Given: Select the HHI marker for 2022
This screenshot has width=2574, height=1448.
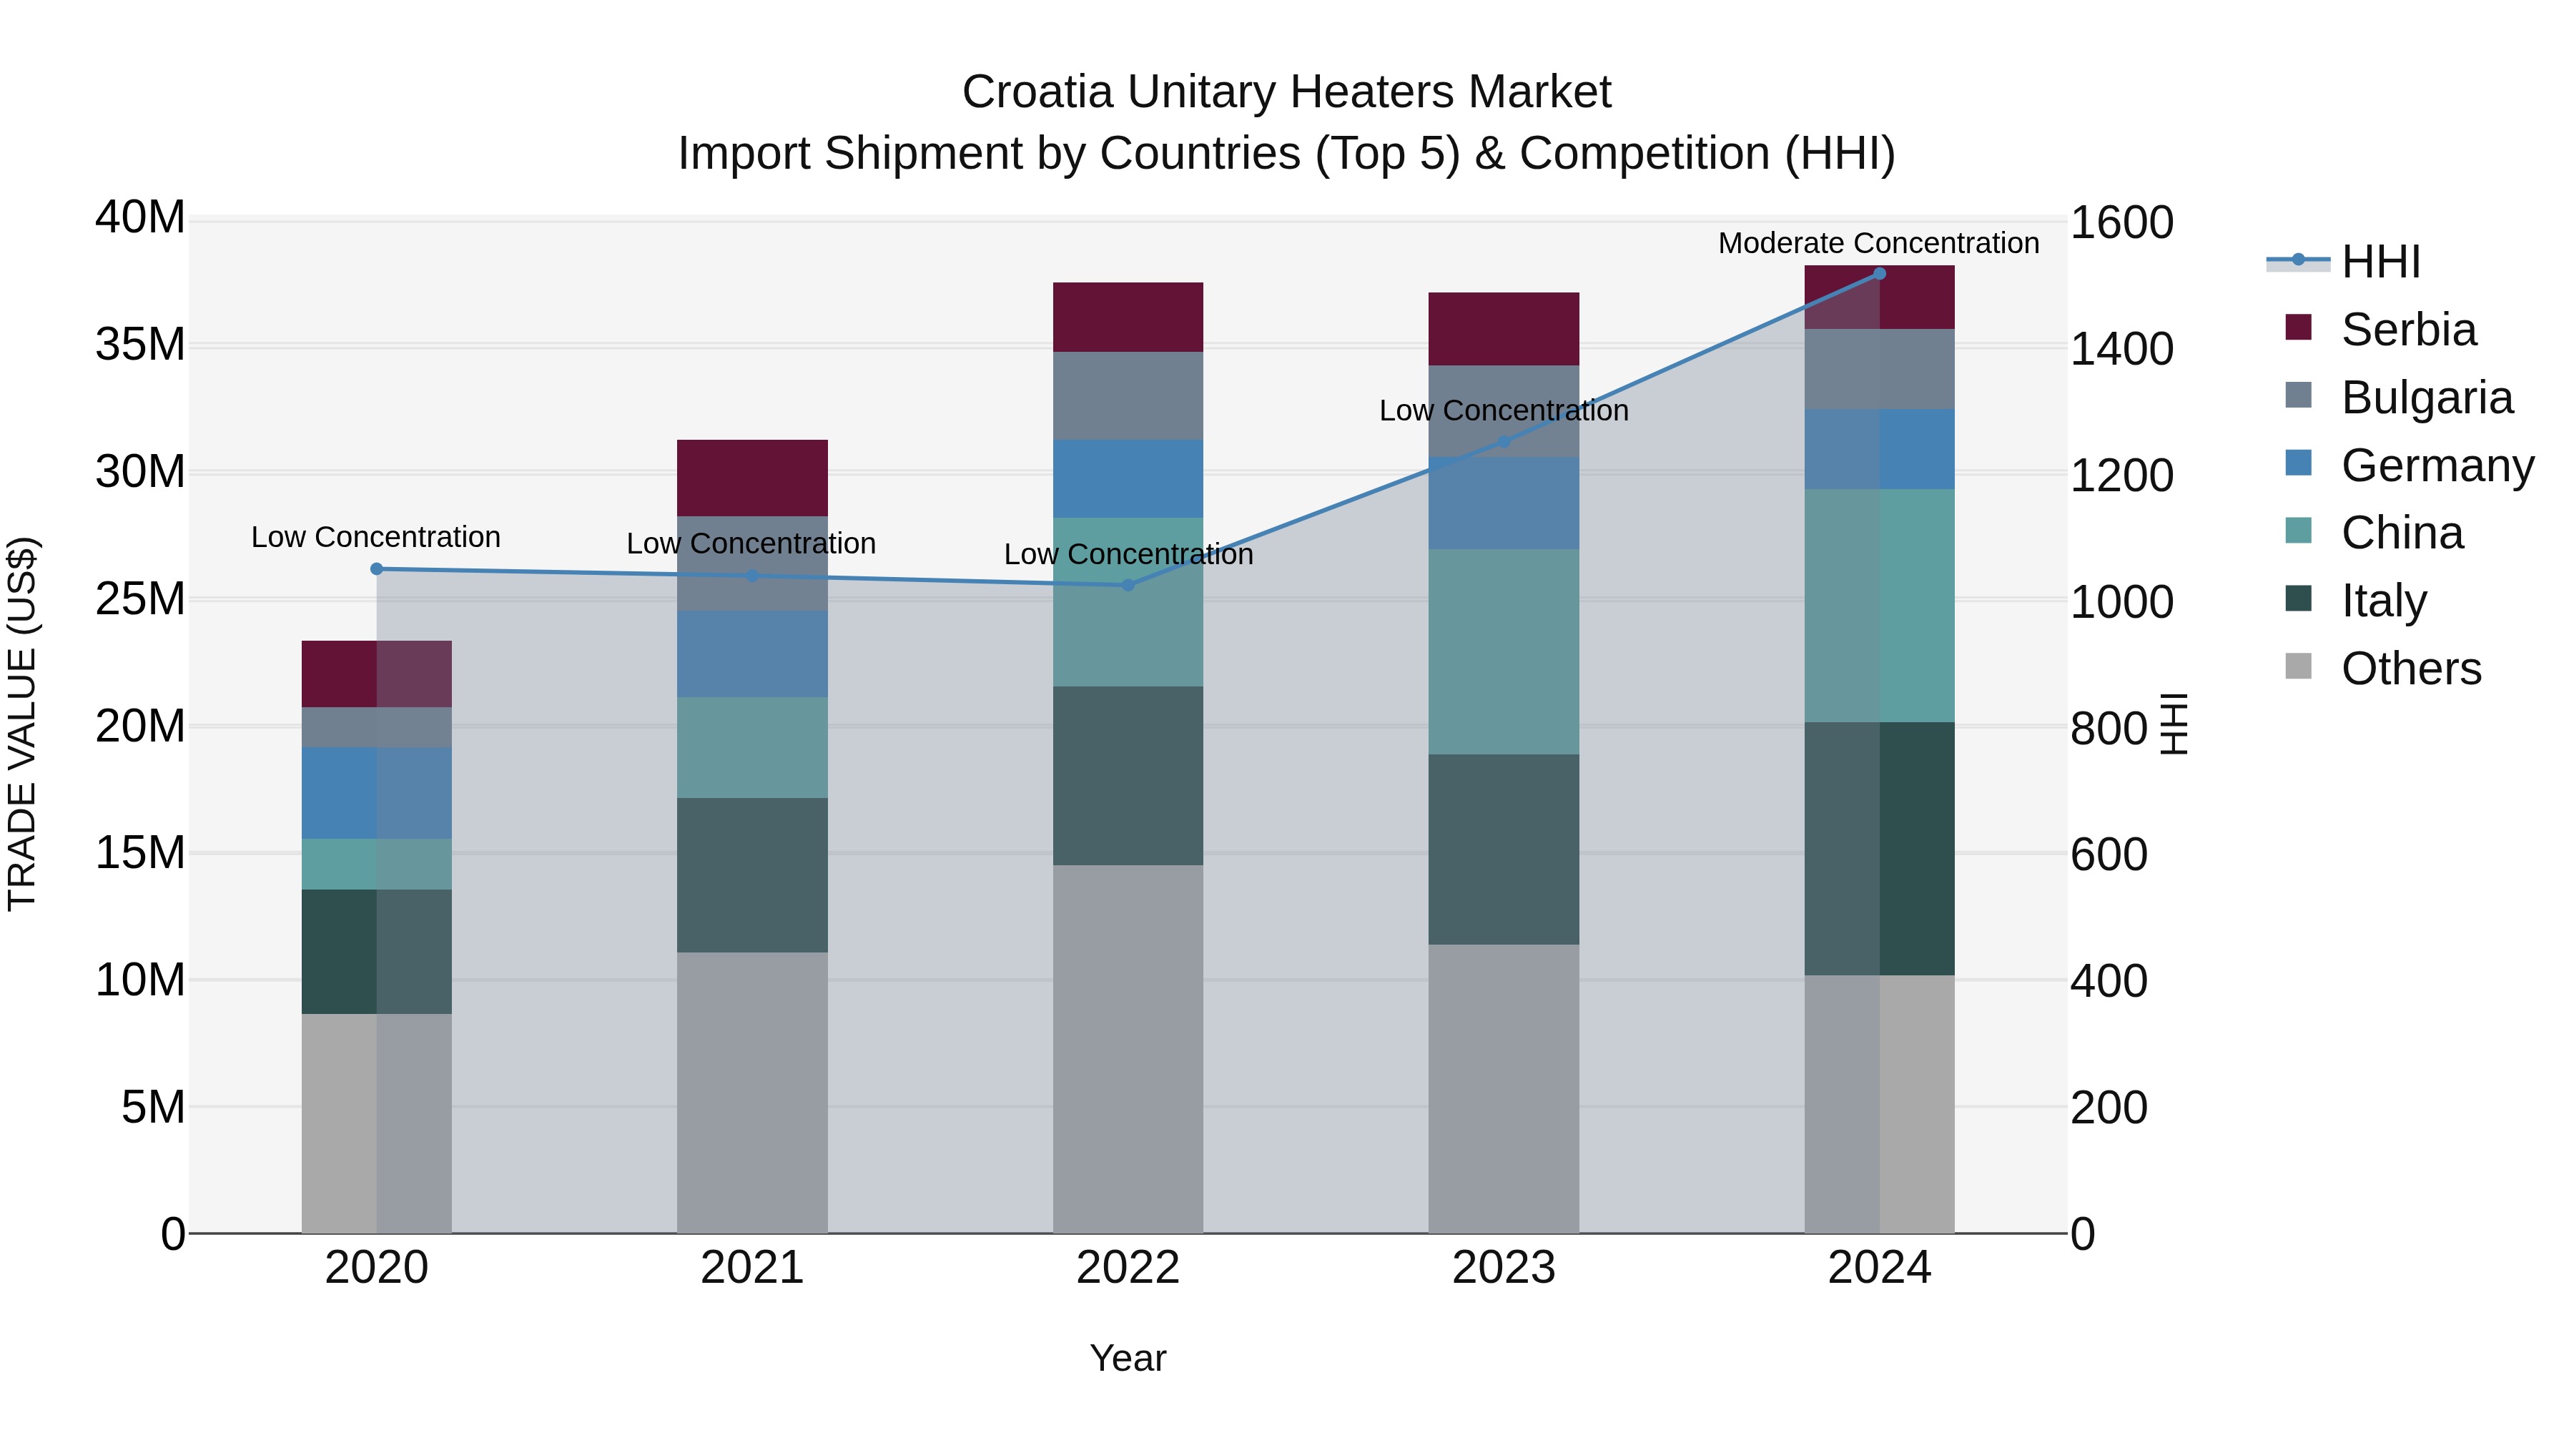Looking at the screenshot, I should pyautogui.click(x=1128, y=586).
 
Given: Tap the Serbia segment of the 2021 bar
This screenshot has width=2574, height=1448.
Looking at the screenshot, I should pyautogui.click(x=752, y=478).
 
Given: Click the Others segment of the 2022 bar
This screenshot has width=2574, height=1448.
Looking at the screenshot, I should pyautogui.click(x=1128, y=1049).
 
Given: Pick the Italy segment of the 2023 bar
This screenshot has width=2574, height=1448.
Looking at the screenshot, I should pyautogui.click(x=1504, y=849).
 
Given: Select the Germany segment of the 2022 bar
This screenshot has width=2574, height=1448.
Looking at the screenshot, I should pyautogui.click(x=1128, y=478).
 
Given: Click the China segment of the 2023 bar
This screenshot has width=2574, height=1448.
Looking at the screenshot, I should pyautogui.click(x=1504, y=651).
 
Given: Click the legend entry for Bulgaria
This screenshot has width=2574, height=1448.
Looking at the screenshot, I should pyautogui.click(x=2426, y=398).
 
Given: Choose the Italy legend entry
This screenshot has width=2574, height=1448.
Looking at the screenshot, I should pyautogui.click(x=2383, y=601).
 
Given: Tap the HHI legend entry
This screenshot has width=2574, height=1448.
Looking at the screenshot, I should pyautogui.click(x=2380, y=262).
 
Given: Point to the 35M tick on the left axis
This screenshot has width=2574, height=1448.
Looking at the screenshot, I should pyautogui.click(x=140, y=345).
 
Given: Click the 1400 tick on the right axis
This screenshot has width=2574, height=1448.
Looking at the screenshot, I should pyautogui.click(x=2121, y=349).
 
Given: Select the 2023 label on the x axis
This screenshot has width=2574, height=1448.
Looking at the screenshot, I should pyautogui.click(x=1504, y=1268).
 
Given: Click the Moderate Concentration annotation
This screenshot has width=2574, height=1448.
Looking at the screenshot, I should pyautogui.click(x=1878, y=243).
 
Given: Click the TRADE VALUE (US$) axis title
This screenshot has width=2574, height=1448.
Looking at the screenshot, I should pyautogui.click(x=22, y=724).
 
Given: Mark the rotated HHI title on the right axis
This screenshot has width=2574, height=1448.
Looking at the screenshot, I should pyautogui.click(x=2174, y=724).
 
